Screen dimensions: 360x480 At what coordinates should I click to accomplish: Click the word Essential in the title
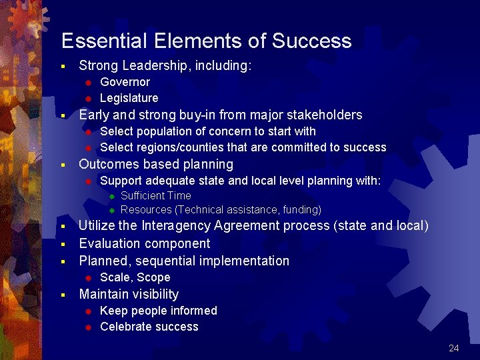[x=103, y=41]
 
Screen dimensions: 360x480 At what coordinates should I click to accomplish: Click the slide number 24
[x=454, y=348]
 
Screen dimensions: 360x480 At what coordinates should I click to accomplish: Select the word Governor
[x=125, y=82]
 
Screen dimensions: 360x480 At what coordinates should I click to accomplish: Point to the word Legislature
[x=129, y=98]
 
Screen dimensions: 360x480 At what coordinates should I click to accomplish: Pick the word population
[x=163, y=131]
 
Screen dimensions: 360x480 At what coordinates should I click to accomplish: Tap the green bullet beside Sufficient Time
[x=112, y=196]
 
